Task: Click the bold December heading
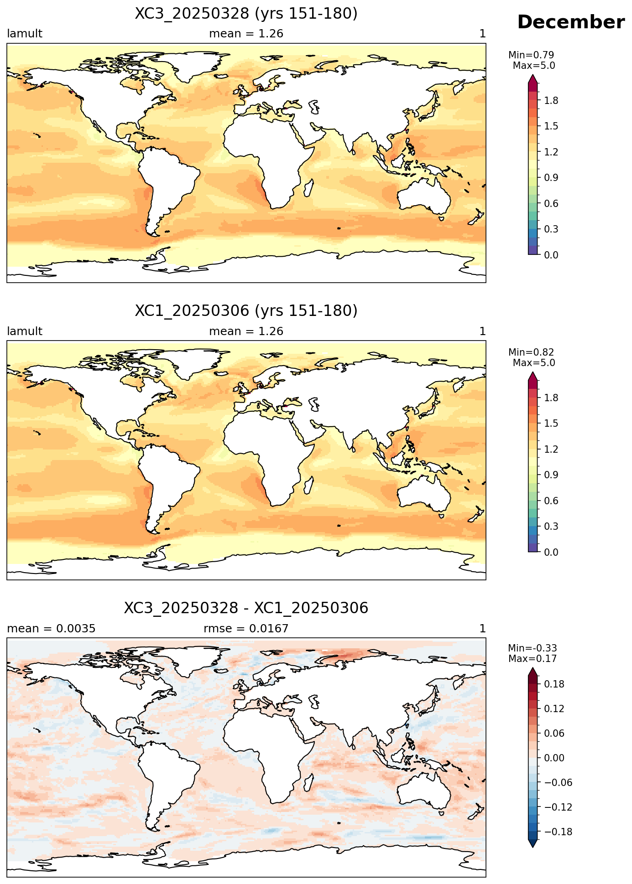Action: [571, 22]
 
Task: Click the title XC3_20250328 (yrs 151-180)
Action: [246, 14]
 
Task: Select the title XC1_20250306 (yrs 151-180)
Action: [246, 311]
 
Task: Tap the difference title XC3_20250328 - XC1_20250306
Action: [246, 608]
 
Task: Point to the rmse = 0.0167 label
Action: [246, 629]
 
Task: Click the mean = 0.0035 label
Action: [51, 629]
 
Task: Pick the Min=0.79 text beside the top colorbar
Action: [531, 55]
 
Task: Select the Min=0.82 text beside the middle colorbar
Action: [531, 352]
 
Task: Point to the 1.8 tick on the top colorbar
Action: [551, 100]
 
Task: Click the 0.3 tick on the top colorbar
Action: [551, 229]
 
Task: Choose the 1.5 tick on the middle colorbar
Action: [551, 424]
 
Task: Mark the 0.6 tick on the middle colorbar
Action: [551, 501]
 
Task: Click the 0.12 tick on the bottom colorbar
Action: [554, 708]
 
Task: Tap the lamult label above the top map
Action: [25, 34]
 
